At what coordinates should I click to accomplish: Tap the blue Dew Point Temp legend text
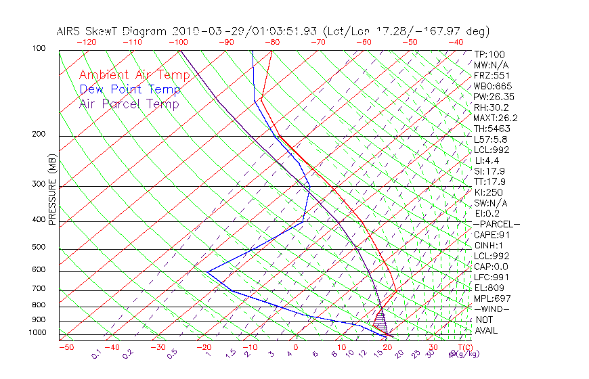(x=130, y=89)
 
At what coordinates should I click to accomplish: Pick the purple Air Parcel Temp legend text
(x=129, y=104)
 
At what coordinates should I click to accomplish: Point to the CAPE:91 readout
(x=492, y=235)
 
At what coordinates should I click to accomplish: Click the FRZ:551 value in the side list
(x=492, y=75)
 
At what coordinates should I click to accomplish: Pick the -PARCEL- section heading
(x=496, y=224)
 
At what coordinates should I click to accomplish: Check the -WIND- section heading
(x=492, y=309)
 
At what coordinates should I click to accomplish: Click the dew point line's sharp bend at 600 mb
(x=207, y=271)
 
